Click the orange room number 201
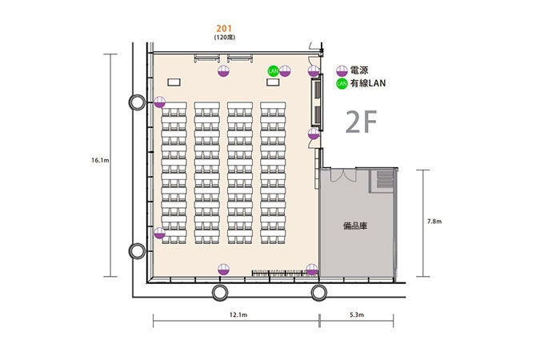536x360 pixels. coord(224,29)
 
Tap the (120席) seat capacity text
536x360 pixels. coord(225,38)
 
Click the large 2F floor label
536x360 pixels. coord(361,122)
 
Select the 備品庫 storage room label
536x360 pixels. coord(355,226)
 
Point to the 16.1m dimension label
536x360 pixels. coord(100,160)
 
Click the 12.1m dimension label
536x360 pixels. coord(238,315)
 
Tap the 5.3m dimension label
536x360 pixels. coord(357,315)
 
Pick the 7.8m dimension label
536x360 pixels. coord(434,222)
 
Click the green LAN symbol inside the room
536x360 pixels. coord(274,71)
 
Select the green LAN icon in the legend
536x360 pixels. coord(342,83)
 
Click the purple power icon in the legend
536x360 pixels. coord(342,71)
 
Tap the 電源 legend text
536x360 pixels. coord(359,70)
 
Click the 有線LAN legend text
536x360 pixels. coord(368,83)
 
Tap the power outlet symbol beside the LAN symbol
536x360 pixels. coord(285,71)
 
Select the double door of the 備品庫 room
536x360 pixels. coord(343,174)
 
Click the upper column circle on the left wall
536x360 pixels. coord(137,102)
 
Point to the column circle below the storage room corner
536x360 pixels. coord(319,293)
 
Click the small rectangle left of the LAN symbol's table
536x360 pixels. coord(174,82)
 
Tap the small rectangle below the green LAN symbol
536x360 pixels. coord(273,82)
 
